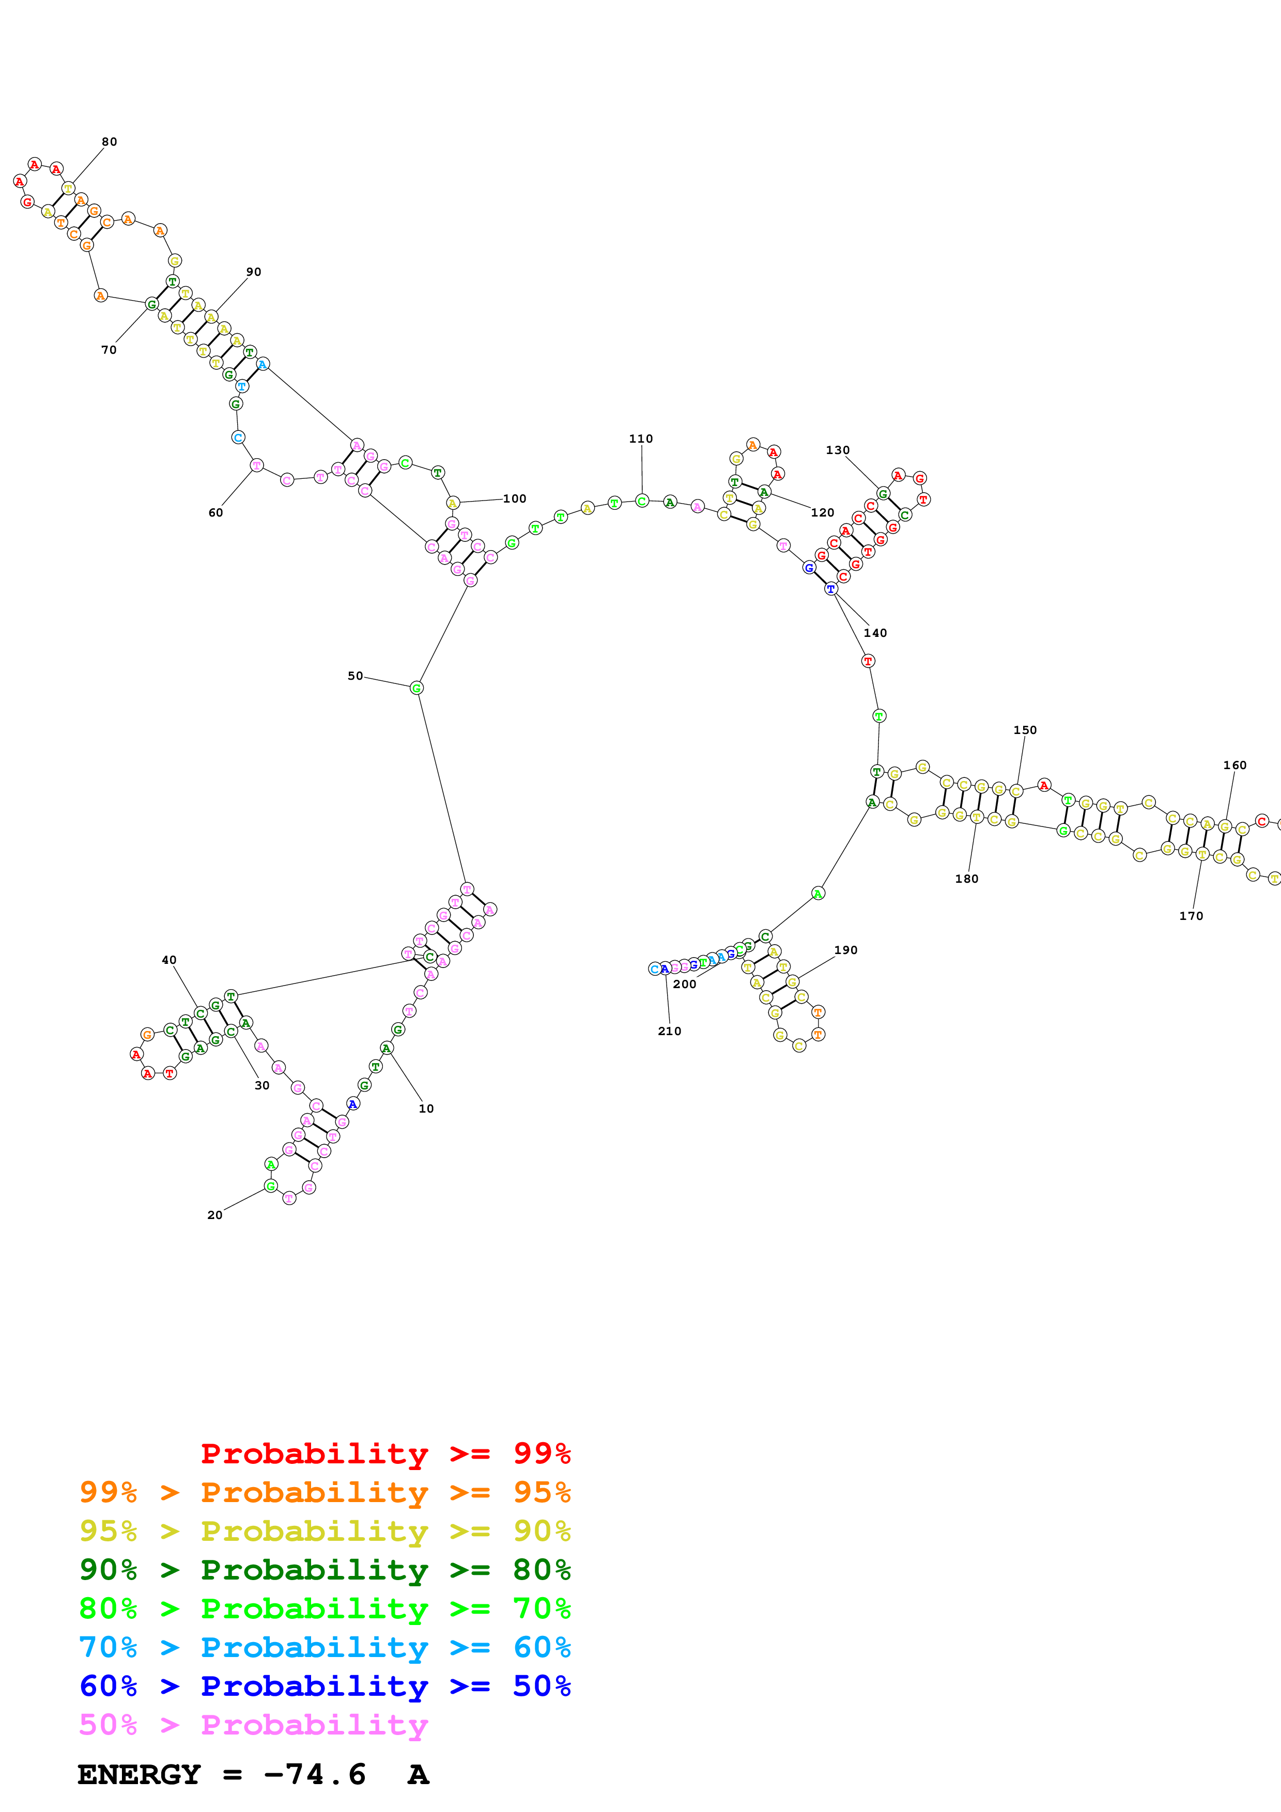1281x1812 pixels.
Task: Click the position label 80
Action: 109,142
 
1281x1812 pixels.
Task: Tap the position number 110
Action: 641,439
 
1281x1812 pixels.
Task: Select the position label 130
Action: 838,450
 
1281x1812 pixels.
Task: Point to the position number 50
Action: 355,676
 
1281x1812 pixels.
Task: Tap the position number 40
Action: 169,960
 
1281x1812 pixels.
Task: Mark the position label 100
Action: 515,499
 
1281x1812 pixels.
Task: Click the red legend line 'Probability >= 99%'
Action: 385,1453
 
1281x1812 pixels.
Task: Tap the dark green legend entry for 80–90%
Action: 325,1570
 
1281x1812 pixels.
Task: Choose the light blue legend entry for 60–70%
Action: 325,1647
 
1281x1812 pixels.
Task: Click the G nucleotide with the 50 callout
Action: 416,688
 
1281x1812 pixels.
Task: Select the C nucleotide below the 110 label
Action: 642,501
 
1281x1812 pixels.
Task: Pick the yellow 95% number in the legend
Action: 108,1531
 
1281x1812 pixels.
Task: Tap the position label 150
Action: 1025,730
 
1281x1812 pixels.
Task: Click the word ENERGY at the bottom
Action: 139,1774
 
